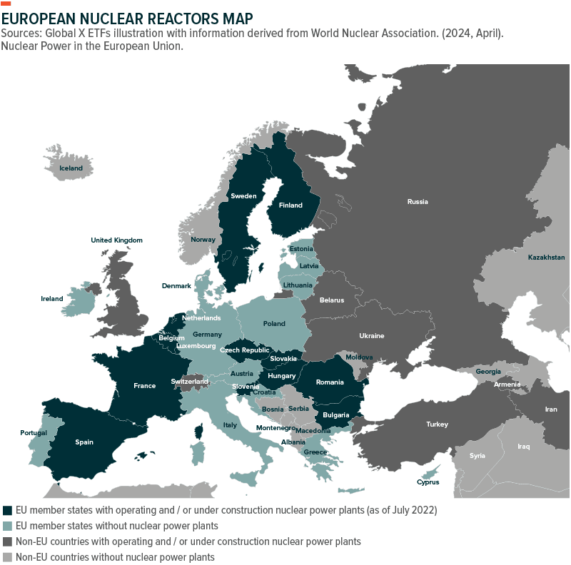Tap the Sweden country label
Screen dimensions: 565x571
pyautogui.click(x=243, y=195)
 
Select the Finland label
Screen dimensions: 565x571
pyautogui.click(x=290, y=205)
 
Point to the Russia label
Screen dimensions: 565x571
pyautogui.click(x=418, y=201)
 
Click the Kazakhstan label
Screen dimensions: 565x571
pyautogui.click(x=546, y=257)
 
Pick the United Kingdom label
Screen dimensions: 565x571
pyautogui.click(x=116, y=240)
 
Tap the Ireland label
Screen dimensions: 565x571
pyautogui.click(x=51, y=299)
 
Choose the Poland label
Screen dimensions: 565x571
pyautogui.click(x=274, y=323)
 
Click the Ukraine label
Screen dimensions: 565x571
pyautogui.click(x=371, y=335)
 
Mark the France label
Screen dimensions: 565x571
pyautogui.click(x=144, y=386)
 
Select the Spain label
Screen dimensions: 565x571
pyautogui.click(x=84, y=442)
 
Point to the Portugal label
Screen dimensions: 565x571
pyautogui.click(x=33, y=433)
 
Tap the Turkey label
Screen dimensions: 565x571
pyautogui.click(x=437, y=424)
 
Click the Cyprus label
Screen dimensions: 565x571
pyautogui.click(x=428, y=482)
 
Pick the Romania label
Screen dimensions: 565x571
pyautogui.click(x=330, y=382)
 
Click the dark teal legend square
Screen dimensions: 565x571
pyautogui.click(x=8, y=511)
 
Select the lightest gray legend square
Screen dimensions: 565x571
pyautogui.click(x=8, y=558)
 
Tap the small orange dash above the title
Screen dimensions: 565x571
pyautogui.click(x=6, y=4)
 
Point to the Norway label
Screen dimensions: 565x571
pyautogui.click(x=203, y=239)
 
